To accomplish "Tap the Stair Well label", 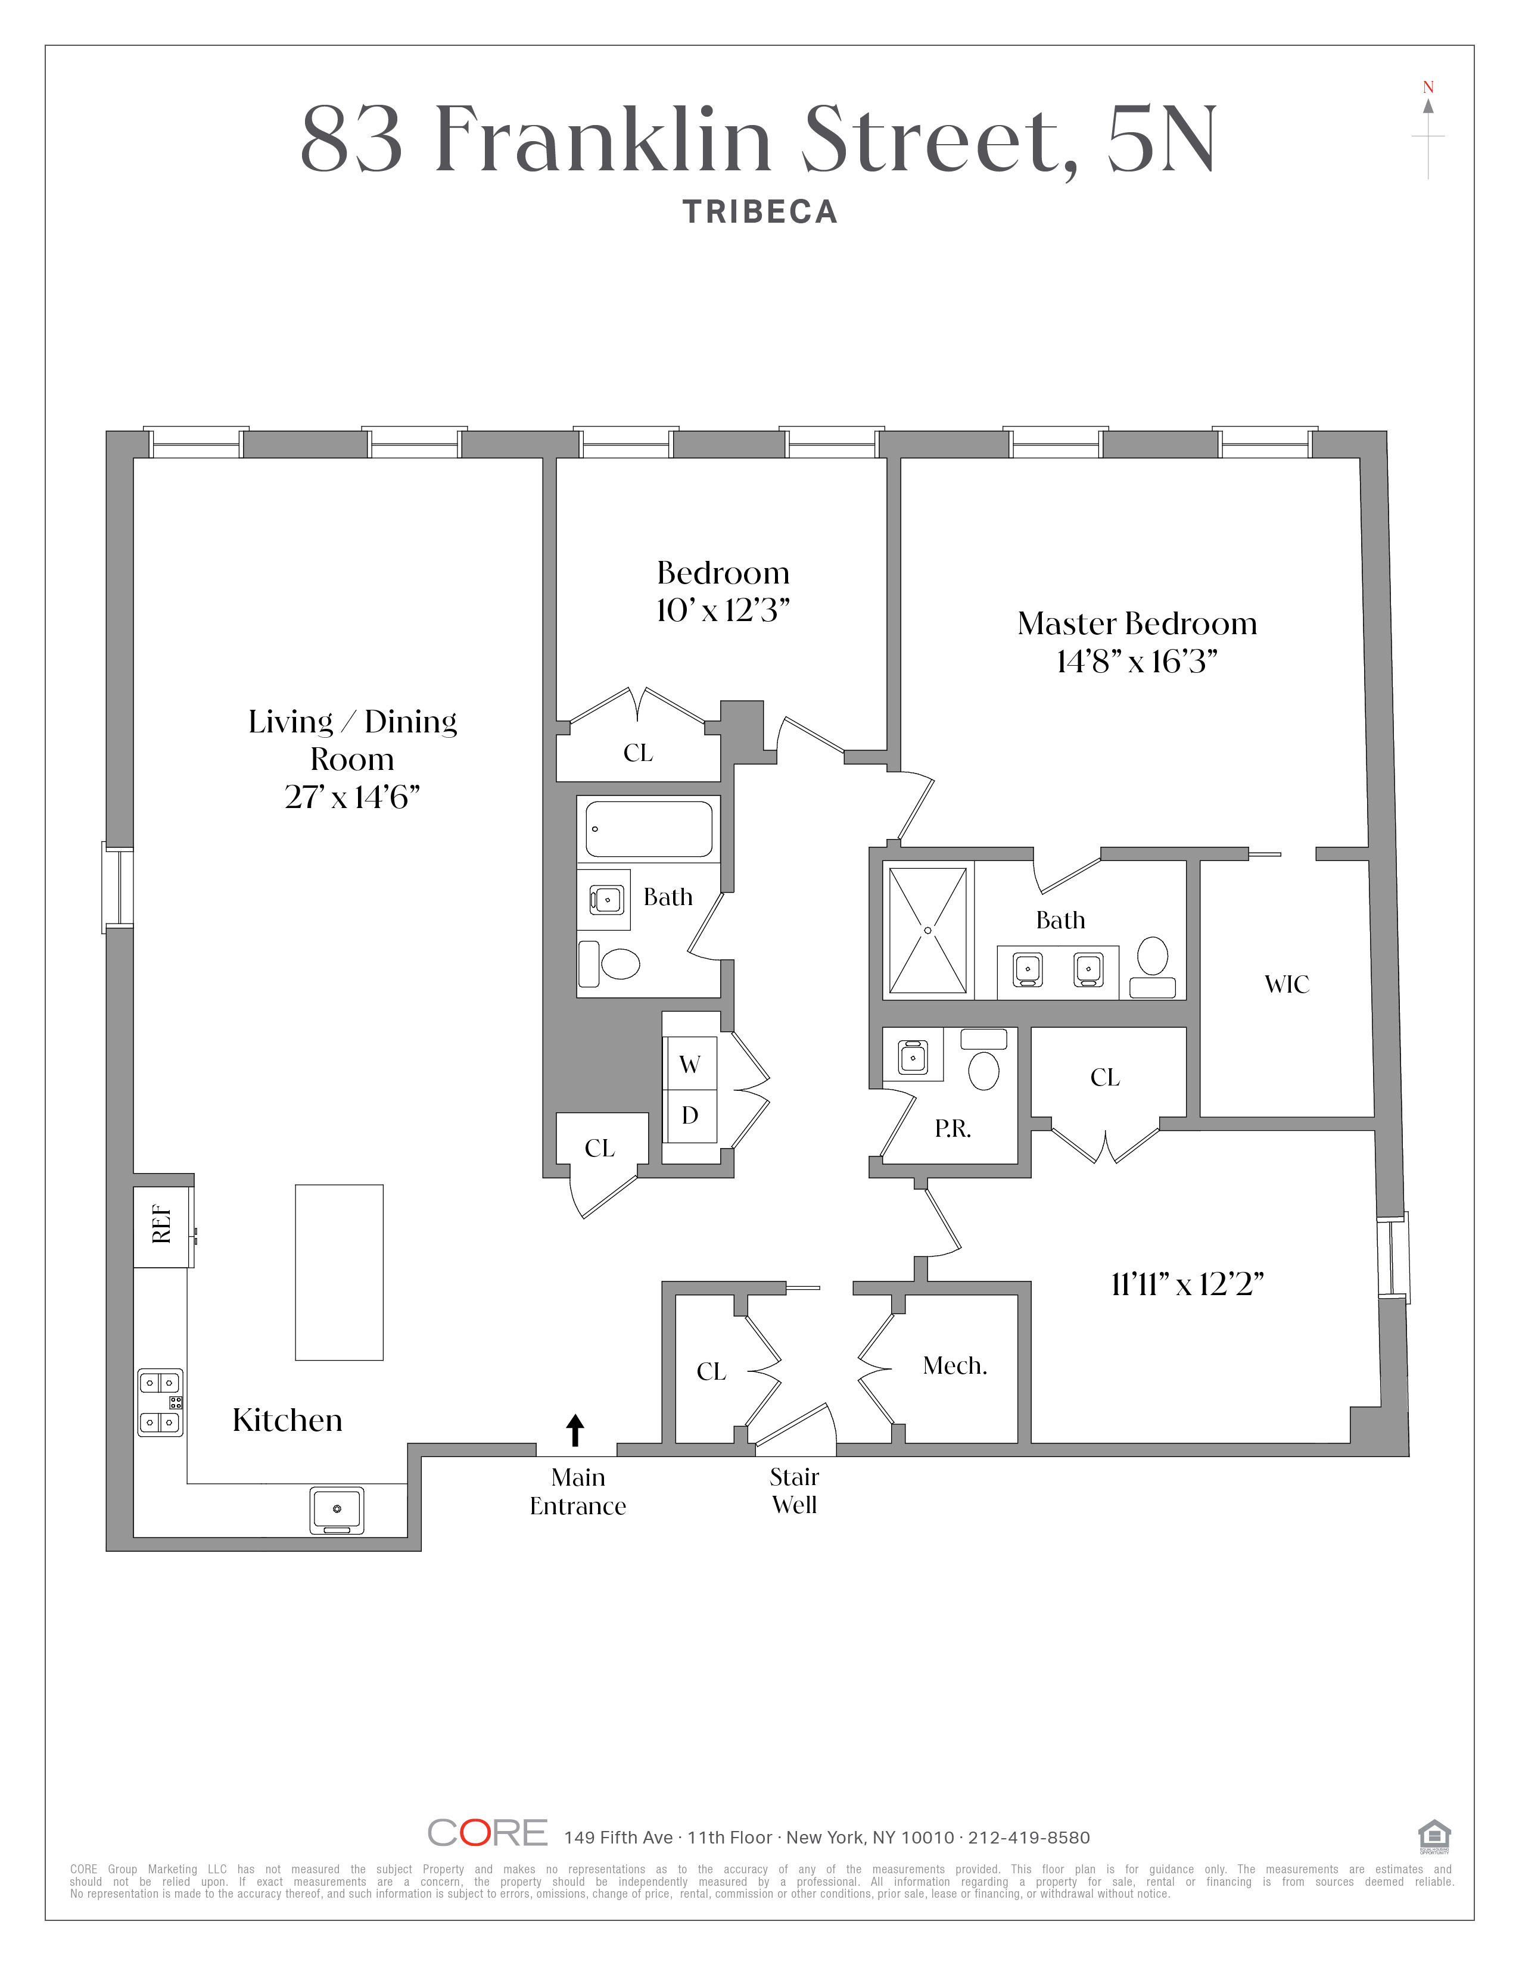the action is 795,1491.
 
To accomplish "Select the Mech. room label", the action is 955,1366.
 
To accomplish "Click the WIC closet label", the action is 1287,984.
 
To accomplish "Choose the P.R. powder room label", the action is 952,1129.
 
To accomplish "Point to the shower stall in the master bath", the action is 927,930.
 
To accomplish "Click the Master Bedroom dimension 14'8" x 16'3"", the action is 1137,662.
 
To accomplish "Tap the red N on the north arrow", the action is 1428,88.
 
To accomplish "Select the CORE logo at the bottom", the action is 487,1833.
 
